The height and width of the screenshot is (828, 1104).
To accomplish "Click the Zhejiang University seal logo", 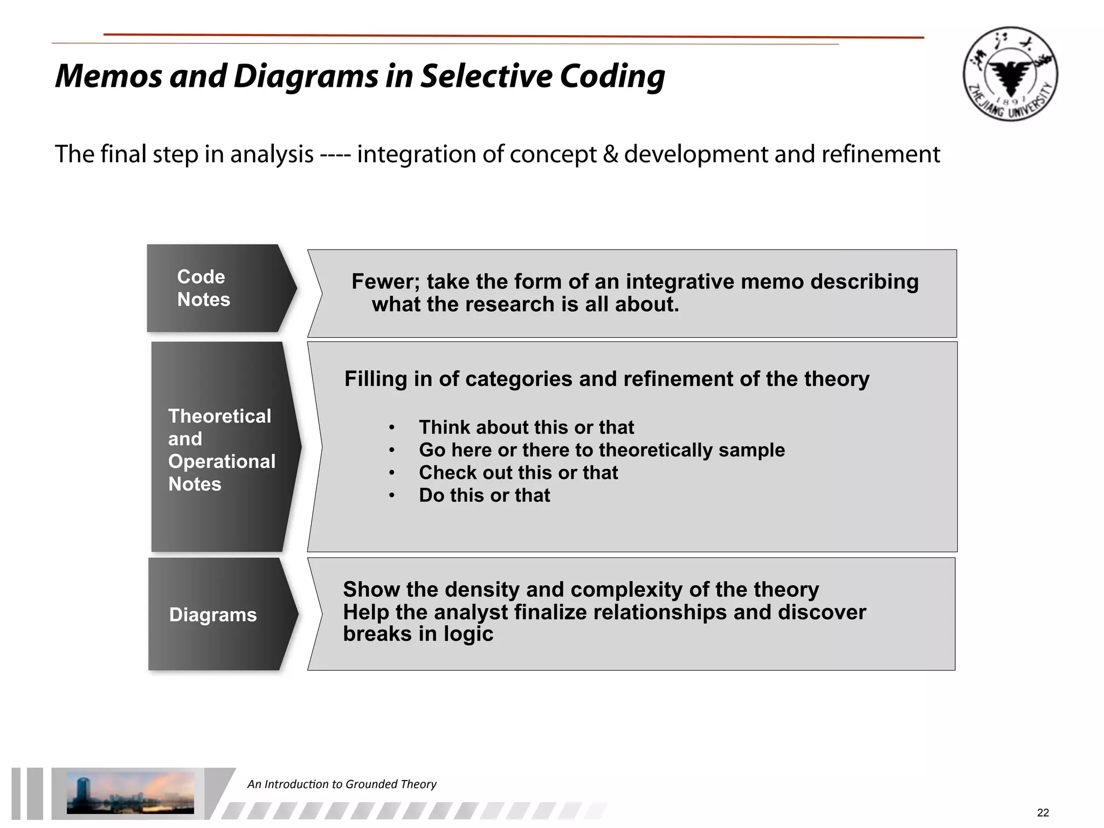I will click(1010, 74).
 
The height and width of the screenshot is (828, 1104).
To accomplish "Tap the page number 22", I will click(1043, 812).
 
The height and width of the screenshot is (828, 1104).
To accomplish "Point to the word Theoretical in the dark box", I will click(219, 416).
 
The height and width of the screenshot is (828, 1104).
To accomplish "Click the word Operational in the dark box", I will click(222, 461).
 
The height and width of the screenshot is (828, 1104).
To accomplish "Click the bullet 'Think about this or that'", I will click(526, 427).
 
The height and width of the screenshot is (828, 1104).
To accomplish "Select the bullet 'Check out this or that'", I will click(518, 473).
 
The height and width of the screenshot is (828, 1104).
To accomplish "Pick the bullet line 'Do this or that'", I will click(484, 495).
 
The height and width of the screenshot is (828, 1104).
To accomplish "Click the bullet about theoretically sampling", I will click(602, 450).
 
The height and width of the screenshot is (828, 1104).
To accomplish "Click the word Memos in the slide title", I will click(108, 76).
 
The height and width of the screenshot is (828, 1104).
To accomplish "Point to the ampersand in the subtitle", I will click(610, 155).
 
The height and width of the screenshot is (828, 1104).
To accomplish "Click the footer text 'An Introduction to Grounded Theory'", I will click(342, 784).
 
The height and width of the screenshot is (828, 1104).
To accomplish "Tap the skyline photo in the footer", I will click(130, 792).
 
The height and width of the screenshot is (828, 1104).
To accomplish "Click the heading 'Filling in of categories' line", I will click(606, 379).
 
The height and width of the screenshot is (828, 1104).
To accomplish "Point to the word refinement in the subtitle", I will click(880, 155).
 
